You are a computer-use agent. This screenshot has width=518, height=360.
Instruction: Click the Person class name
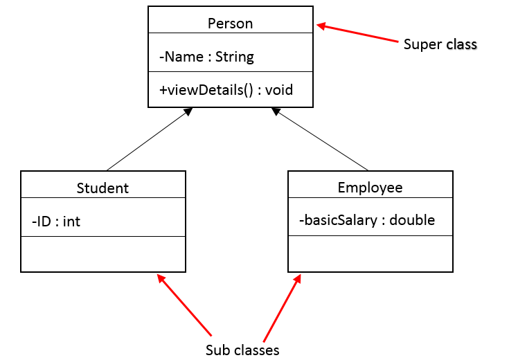pyautogui.click(x=230, y=24)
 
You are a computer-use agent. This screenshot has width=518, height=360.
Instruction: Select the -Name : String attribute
pyautogui.click(x=206, y=57)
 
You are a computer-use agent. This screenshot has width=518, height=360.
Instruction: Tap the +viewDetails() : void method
pyautogui.click(x=226, y=90)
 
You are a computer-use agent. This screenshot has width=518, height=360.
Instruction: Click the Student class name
pyautogui.click(x=102, y=188)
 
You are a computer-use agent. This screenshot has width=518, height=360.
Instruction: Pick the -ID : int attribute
pyautogui.click(x=56, y=222)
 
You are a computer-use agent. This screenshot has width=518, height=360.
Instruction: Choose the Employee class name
pyautogui.click(x=370, y=188)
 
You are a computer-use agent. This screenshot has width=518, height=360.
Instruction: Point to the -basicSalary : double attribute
pyautogui.click(x=367, y=220)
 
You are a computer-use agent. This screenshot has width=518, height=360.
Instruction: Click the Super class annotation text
pyautogui.click(x=440, y=44)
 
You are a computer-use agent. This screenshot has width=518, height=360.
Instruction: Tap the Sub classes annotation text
pyautogui.click(x=242, y=350)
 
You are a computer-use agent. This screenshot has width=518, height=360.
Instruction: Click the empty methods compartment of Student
pyautogui.click(x=103, y=254)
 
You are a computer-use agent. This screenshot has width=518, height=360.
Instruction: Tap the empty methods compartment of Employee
pyautogui.click(x=370, y=253)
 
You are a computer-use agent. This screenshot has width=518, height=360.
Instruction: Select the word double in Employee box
pyautogui.click(x=412, y=220)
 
